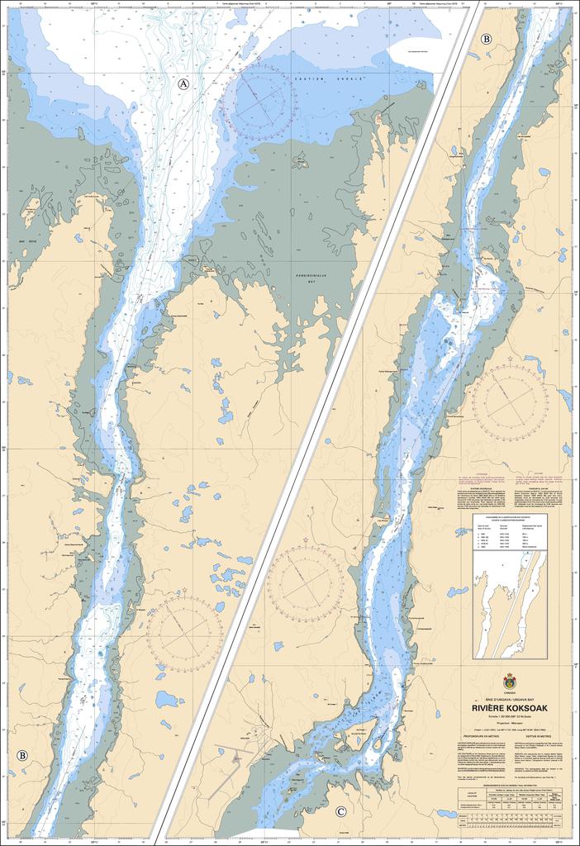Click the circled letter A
[x=183, y=83]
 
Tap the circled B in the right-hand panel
[x=486, y=39]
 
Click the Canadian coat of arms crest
[x=510, y=682]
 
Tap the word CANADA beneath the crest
[x=510, y=693]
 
